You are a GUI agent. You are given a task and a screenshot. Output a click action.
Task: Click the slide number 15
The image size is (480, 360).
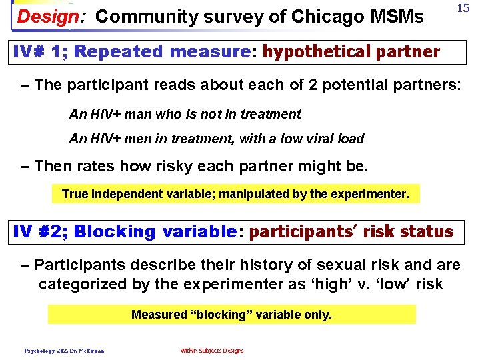coord(463,8)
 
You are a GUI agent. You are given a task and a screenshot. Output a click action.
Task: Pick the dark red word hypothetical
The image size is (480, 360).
coord(313,52)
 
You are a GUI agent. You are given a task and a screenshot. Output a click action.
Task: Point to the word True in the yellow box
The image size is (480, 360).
coord(74,194)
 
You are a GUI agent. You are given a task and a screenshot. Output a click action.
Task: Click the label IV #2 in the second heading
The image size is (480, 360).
coord(39,232)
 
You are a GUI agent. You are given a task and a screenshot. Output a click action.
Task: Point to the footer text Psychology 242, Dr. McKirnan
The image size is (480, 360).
coord(64,351)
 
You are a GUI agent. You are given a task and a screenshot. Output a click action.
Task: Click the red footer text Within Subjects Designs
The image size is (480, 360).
coord(211,351)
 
